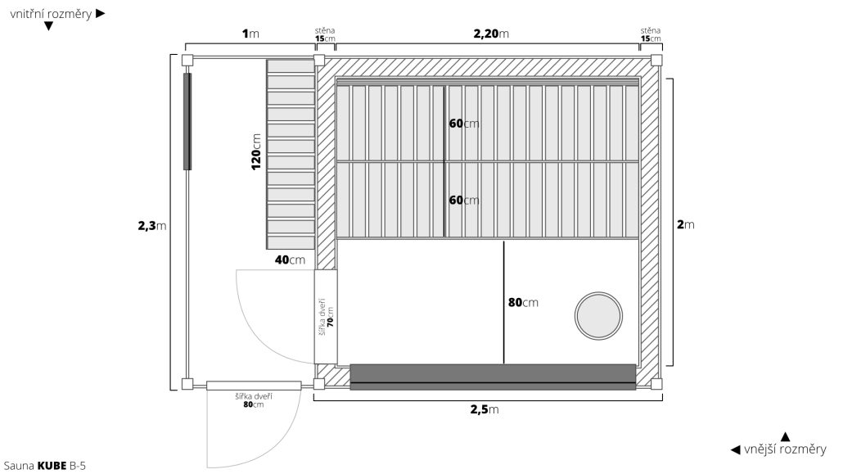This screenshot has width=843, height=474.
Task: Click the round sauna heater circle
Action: click(x=598, y=293)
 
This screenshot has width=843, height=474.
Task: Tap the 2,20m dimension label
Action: click(x=491, y=34)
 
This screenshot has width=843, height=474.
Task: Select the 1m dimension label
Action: click(x=250, y=34)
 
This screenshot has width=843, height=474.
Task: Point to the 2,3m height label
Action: click(x=152, y=225)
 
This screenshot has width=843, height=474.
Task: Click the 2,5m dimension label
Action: click(x=485, y=409)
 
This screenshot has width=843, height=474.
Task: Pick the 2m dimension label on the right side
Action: click(x=686, y=224)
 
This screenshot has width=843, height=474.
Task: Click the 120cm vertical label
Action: click(x=256, y=151)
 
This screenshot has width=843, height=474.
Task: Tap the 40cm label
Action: click(x=290, y=260)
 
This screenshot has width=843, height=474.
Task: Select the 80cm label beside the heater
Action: click(x=523, y=302)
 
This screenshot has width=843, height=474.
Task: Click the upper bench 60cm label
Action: click(x=464, y=124)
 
